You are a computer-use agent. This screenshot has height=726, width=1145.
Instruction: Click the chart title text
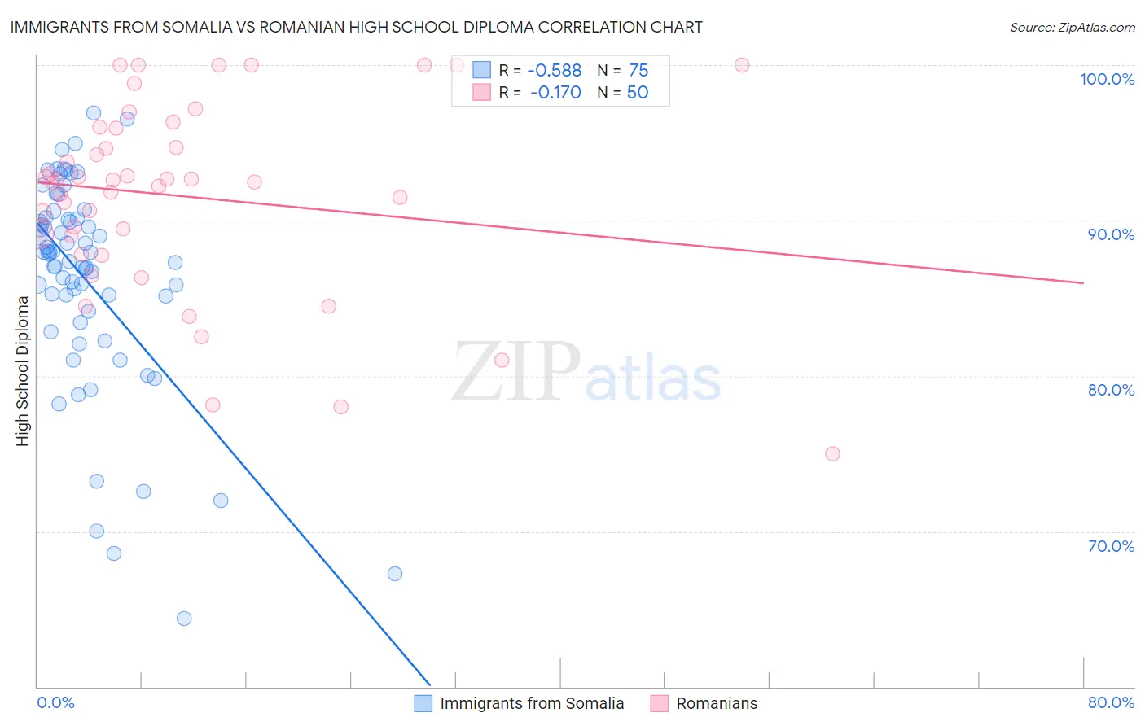(356, 27)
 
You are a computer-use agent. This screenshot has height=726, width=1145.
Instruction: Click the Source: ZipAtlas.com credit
(1072, 27)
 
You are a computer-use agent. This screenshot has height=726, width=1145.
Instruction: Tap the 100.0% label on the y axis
(1107, 79)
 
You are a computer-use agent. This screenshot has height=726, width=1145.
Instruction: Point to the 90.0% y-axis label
(1111, 234)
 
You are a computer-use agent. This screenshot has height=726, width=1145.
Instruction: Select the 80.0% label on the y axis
(1111, 390)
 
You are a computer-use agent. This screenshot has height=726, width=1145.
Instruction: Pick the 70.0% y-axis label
(1111, 546)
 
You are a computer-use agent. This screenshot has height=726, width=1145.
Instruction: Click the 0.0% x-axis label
(55, 702)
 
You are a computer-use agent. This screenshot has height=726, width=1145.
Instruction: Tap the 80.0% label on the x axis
(1111, 702)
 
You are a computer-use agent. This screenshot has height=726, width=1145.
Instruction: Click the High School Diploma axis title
(23, 371)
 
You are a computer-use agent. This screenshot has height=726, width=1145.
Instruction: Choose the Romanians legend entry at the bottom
(717, 703)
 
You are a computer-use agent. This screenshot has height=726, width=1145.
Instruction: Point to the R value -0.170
(555, 93)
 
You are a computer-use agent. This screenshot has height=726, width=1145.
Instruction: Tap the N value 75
(638, 71)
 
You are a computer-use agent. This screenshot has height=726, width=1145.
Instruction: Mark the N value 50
(638, 93)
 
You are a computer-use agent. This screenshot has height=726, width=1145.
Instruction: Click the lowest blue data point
(184, 619)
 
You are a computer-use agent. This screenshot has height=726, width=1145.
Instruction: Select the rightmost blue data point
(395, 574)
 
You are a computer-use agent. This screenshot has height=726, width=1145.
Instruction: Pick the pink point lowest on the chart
(832, 454)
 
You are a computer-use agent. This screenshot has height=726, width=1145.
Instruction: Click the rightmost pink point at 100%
(742, 65)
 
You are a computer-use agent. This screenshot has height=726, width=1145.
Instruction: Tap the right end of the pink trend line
(1083, 282)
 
